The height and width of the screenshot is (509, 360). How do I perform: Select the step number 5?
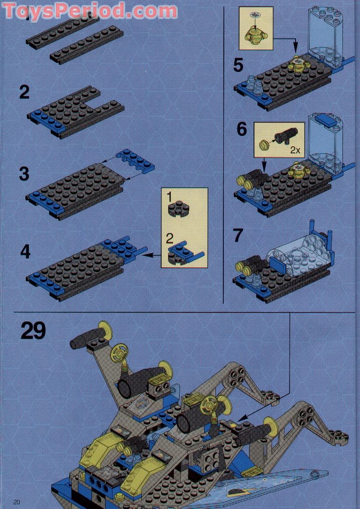coord(238,65)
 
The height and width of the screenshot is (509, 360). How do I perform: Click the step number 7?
coord(238,235)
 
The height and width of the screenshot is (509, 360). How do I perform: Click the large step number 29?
coord(33,331)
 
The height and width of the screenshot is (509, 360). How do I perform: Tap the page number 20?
coord(17,502)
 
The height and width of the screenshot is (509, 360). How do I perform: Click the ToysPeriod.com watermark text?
coord(90,11)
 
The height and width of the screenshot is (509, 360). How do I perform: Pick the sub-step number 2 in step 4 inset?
coord(170,239)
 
